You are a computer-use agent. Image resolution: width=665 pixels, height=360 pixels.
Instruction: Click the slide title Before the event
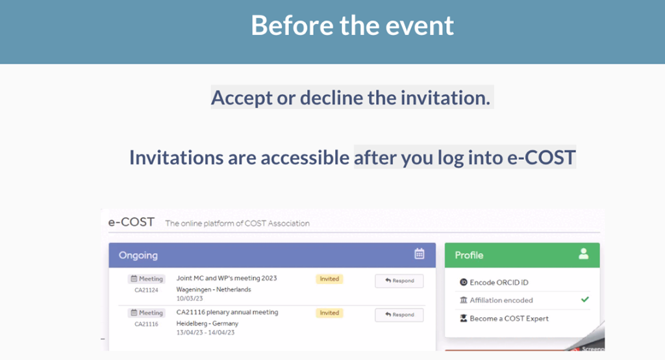point(352,25)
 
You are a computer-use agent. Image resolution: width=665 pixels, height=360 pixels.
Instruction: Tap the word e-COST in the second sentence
point(542,157)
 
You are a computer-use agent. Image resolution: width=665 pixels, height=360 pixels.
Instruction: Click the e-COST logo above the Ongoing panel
point(131,222)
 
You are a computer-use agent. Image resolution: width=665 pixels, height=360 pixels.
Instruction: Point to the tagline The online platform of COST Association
point(237,224)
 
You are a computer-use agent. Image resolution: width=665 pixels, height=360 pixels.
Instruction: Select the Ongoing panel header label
point(138,255)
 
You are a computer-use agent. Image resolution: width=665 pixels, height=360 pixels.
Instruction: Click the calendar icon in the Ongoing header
point(419,253)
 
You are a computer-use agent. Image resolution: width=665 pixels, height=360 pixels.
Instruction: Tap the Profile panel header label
point(469,255)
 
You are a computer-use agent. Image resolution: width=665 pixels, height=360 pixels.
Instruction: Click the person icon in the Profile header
point(584,253)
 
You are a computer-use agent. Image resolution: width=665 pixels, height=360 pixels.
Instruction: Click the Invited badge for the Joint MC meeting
point(329,279)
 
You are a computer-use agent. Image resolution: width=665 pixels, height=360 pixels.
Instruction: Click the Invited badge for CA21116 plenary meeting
point(329,313)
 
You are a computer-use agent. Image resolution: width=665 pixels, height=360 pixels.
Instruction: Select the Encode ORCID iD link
point(494,282)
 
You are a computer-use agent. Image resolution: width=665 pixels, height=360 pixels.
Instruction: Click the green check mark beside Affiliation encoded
point(585,300)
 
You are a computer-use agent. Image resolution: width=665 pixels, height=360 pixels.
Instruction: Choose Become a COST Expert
point(504,318)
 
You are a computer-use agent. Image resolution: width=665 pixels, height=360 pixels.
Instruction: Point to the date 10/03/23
point(190,298)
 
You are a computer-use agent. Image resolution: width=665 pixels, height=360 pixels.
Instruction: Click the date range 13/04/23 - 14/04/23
point(205,333)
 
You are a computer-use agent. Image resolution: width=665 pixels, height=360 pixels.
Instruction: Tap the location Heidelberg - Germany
point(207,324)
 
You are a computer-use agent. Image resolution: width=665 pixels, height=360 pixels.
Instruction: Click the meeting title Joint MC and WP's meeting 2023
point(227,278)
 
